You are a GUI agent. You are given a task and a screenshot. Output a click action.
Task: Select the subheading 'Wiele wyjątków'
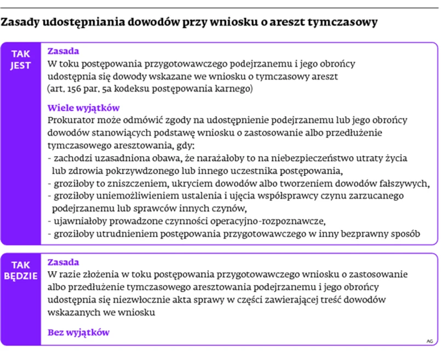click(83, 108)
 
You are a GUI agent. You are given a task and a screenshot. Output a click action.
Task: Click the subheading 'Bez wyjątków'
click(78, 332)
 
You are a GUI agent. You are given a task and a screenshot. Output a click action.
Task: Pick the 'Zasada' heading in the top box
click(64, 52)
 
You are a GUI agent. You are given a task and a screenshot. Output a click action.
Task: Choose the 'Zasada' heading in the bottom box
click(64, 262)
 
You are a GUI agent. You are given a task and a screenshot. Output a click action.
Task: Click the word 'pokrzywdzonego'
click(147, 170)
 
